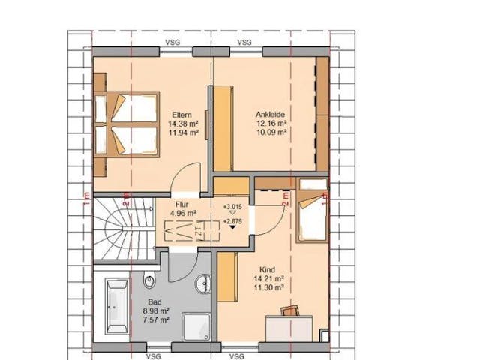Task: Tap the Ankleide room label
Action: point(271,114)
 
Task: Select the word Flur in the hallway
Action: point(182,203)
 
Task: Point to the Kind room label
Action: point(268,269)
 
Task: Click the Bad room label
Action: point(154,301)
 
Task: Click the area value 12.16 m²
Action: point(271,122)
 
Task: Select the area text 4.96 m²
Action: point(182,212)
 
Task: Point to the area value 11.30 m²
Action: point(268,286)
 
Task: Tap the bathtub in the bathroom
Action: point(117,305)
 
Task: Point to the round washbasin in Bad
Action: point(201,284)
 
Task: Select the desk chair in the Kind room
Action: point(289,309)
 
